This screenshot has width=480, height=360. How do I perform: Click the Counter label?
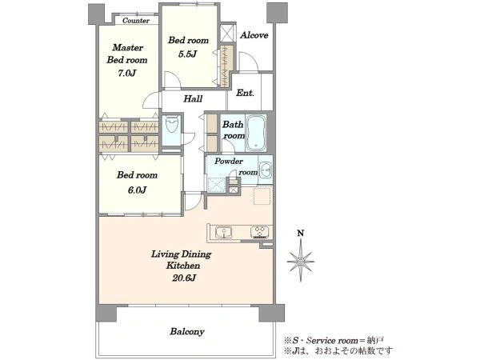(x=136, y=21)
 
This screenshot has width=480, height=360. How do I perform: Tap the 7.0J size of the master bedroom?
(x=127, y=73)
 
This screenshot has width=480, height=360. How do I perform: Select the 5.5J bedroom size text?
(x=187, y=54)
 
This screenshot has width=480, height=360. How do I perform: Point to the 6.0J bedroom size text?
(x=137, y=190)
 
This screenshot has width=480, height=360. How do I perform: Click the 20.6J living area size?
(x=184, y=278)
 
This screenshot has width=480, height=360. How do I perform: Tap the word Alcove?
(x=254, y=35)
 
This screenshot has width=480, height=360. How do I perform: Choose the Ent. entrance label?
(x=245, y=93)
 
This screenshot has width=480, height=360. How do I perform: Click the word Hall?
(x=193, y=98)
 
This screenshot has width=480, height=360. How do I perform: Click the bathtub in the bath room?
(x=256, y=133)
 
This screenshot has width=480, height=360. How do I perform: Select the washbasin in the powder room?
(x=266, y=170)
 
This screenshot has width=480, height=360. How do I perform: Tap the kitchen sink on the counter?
(x=223, y=232)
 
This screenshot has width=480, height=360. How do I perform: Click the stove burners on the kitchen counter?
(x=259, y=232)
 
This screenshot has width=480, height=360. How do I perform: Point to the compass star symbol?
(x=301, y=261)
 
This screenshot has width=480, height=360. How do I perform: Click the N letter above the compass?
(x=301, y=234)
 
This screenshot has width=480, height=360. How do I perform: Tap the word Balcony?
(x=187, y=331)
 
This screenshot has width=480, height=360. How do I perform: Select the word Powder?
(x=228, y=161)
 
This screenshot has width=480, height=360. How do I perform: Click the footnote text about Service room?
(x=334, y=341)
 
